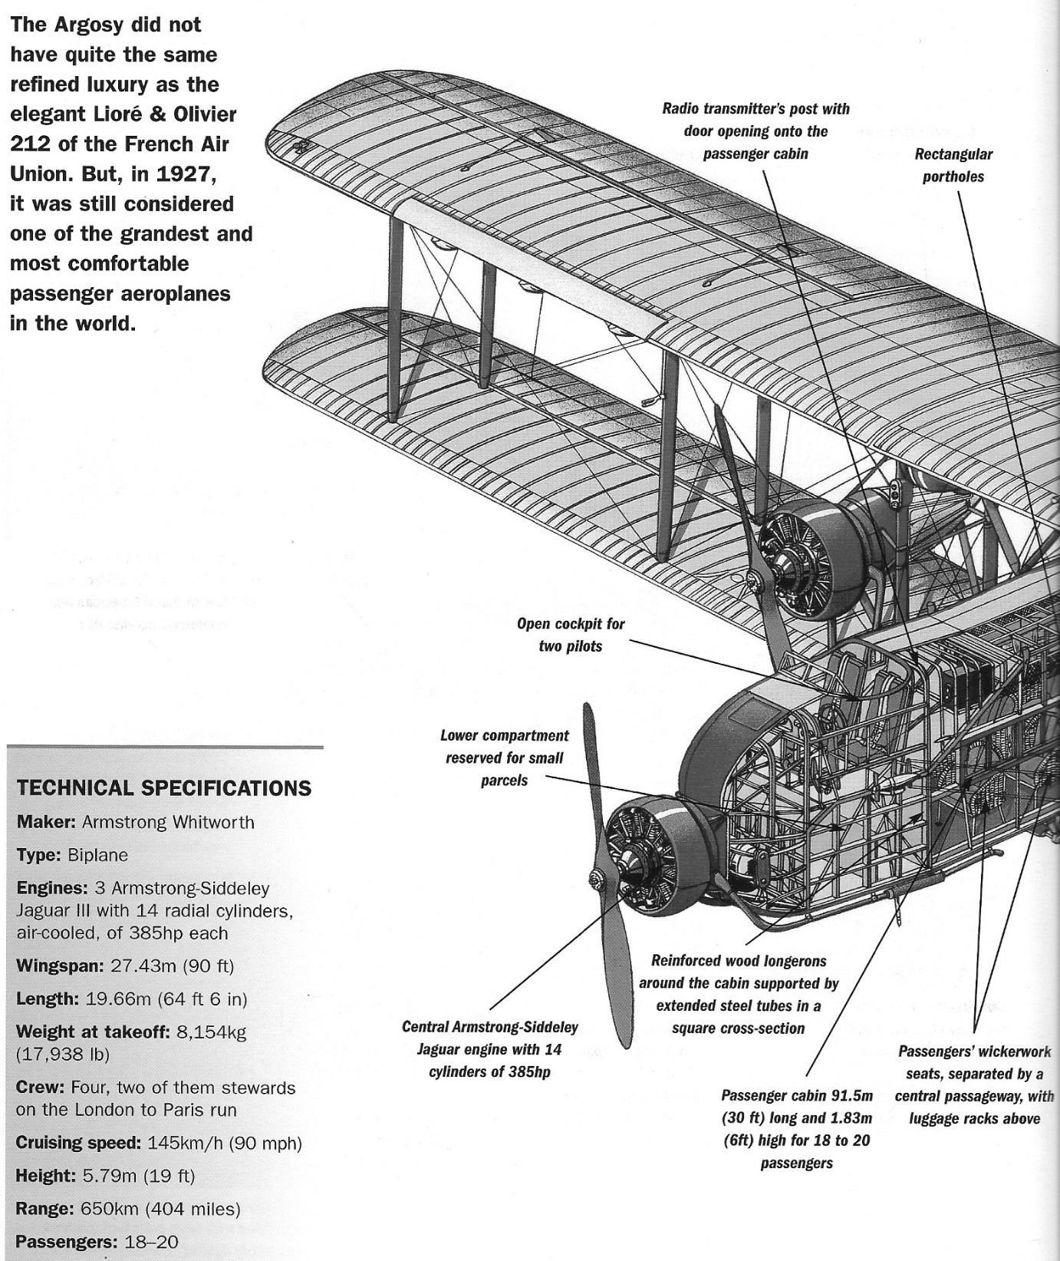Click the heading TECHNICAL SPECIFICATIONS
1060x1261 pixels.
[164, 788]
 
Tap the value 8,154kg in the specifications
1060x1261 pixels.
[212, 1032]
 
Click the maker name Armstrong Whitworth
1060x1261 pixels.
[168, 822]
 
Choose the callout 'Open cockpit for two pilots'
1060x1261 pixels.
[570, 635]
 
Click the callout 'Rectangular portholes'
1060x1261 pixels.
[953, 165]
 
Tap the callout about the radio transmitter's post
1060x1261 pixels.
[755, 131]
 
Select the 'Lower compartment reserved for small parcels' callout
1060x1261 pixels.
[504, 758]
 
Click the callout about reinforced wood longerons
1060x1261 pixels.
[738, 994]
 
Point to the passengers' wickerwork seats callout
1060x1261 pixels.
[973, 1084]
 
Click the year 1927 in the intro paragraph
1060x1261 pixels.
[182, 174]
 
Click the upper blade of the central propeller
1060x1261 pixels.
[589, 775]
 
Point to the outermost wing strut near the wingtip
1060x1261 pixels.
[394, 315]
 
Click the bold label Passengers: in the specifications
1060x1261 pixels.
[63, 1242]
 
